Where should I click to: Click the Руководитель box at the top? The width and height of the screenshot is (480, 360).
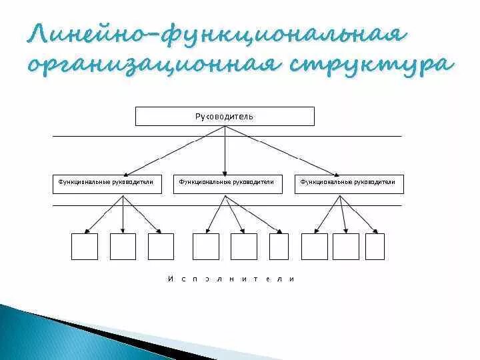pos(225,117)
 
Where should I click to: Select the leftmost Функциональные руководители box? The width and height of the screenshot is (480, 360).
pos(107,184)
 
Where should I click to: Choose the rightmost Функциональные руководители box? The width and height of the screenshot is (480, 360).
pos(349,184)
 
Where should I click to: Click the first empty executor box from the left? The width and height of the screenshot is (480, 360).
pos(85,246)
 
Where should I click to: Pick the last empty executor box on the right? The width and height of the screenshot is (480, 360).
pos(375,246)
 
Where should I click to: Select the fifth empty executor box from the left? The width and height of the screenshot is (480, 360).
pos(243,246)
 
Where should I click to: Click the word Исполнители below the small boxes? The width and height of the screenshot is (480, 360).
pos(231,279)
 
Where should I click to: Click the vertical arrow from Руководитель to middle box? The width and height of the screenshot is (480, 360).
pos(225,153)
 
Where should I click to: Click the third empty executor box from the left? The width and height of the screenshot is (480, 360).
pos(161,246)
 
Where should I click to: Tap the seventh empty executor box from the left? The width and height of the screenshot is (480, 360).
pos(314,246)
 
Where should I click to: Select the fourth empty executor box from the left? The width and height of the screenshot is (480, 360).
pos(205,246)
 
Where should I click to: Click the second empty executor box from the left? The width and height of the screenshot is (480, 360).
pos(123,246)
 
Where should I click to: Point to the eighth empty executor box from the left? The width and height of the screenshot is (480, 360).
pos(345,246)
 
